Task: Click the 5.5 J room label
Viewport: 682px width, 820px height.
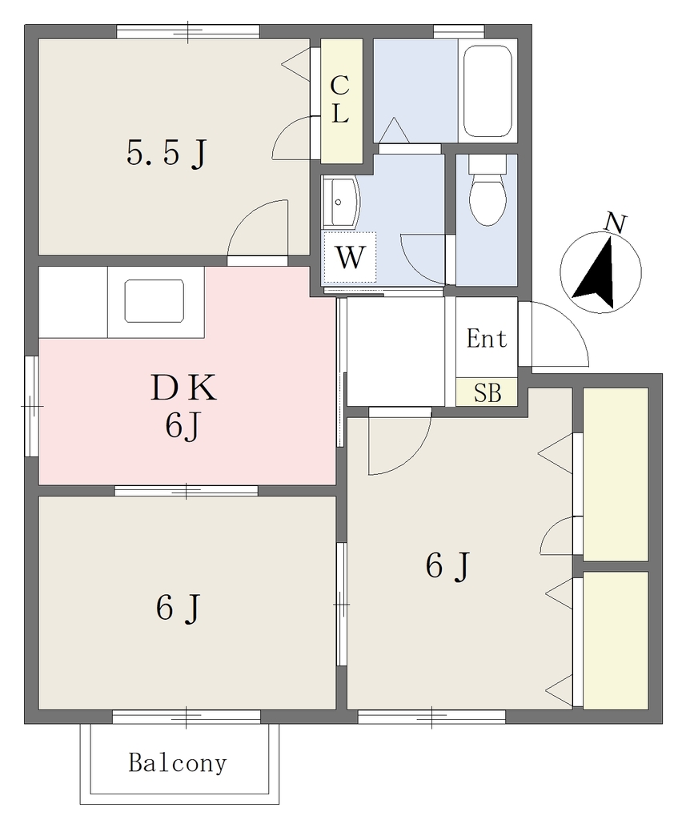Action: click(166, 153)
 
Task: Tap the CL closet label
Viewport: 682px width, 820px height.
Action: click(340, 99)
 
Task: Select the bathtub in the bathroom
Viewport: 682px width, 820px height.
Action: click(487, 90)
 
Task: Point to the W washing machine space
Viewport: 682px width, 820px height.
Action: click(350, 257)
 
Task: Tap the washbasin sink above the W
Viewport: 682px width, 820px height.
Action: click(339, 202)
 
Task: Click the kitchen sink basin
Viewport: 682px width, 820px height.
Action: click(154, 301)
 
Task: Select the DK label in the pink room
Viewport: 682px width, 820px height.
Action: click(183, 388)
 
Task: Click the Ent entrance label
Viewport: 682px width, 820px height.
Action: click(487, 339)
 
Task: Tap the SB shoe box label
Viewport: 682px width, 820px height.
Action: click(487, 392)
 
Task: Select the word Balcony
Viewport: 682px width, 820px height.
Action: click(178, 763)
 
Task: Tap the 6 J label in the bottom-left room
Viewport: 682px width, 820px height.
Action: click(178, 608)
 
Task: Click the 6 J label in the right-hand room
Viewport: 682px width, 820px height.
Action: click(448, 565)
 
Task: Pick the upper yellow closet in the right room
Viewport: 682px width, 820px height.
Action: click(615, 474)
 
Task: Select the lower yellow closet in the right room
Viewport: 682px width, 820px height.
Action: click(615, 641)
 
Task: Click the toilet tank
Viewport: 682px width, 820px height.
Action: click(487, 165)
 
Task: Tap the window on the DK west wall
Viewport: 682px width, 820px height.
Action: click(31, 406)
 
